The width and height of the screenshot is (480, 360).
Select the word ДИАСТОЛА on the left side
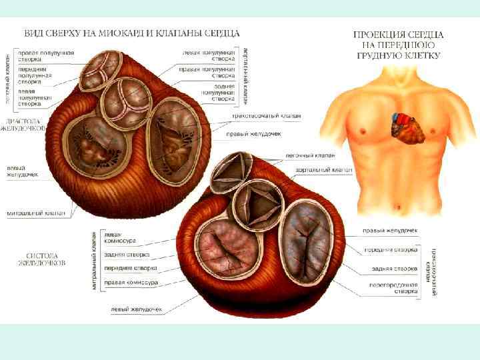pyautogui.click(x=21, y=121)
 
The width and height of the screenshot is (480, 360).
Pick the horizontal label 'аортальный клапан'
pyautogui.click(x=324, y=171)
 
